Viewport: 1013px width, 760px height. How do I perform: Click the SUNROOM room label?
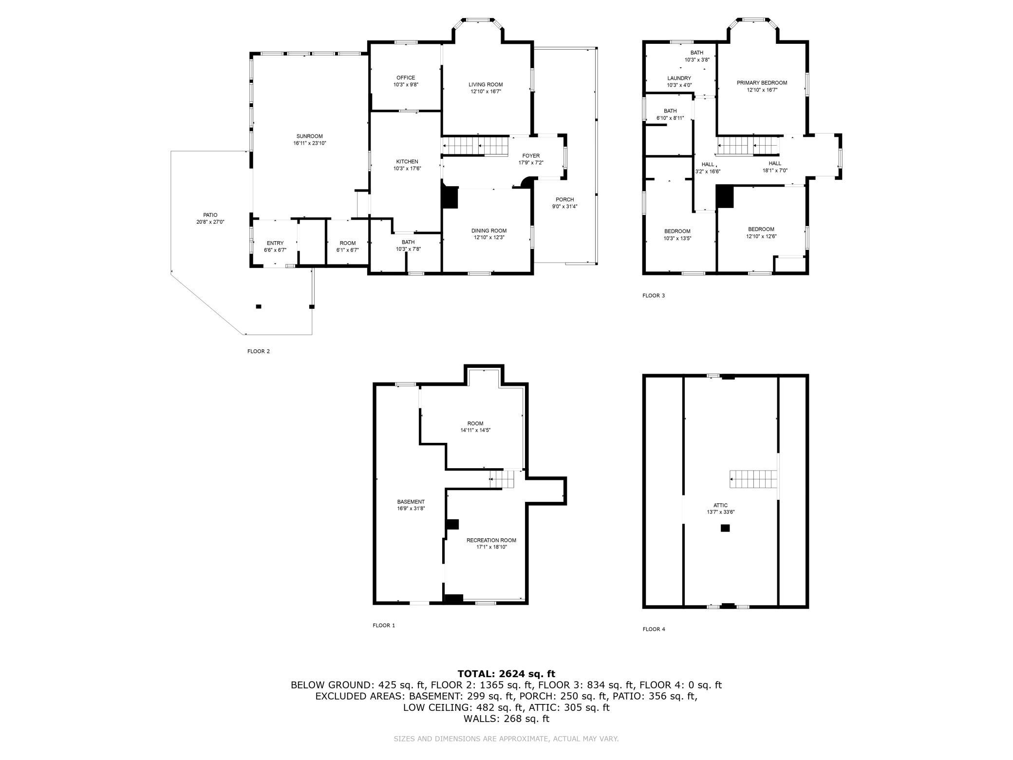coord(309,136)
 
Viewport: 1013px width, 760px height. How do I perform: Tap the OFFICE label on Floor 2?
coord(406,78)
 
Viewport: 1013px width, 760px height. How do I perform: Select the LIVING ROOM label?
coord(486,85)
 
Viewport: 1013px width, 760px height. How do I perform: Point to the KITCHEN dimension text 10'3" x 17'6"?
coord(407,169)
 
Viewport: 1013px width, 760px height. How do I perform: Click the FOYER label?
coord(531,156)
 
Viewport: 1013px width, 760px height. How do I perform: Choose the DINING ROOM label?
coord(488,231)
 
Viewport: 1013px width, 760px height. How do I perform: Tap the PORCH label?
coord(565,200)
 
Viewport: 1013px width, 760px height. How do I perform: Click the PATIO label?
coord(210,215)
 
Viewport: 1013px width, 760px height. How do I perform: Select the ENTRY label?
coord(275,244)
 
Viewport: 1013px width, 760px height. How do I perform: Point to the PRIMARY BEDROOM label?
coord(762,83)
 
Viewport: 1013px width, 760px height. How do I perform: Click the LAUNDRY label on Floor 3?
coord(679,78)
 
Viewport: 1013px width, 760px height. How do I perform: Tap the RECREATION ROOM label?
coord(491,540)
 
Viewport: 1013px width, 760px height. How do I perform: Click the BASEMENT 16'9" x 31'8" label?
coord(411,505)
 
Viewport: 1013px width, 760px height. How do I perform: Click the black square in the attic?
coord(725,528)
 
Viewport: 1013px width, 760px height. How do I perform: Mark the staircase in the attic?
coord(753,479)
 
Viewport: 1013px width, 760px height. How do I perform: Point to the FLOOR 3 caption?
coord(654,296)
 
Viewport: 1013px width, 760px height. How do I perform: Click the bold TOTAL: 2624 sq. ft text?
coord(506,674)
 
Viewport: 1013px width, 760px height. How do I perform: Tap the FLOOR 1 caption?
coord(384,626)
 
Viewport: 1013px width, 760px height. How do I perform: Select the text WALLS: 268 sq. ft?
coord(506,719)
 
